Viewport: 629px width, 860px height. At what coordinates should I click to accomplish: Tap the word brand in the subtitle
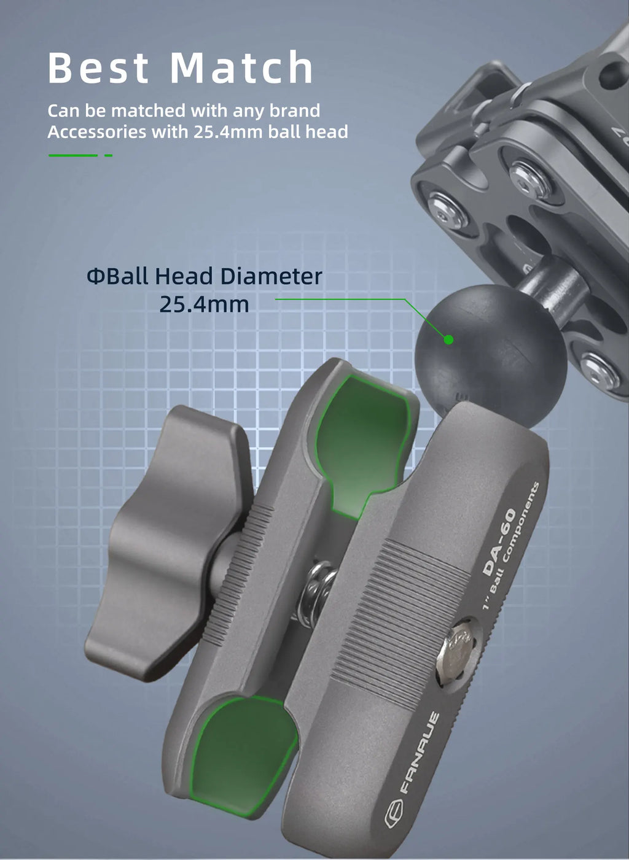tap(295, 110)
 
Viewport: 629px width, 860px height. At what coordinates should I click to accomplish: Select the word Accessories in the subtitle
tap(97, 132)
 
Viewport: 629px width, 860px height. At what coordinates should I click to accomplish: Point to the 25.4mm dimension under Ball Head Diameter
tap(204, 304)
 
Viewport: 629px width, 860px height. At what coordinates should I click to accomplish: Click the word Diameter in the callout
tap(272, 276)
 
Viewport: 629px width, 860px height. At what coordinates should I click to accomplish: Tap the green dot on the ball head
tap(448, 339)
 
